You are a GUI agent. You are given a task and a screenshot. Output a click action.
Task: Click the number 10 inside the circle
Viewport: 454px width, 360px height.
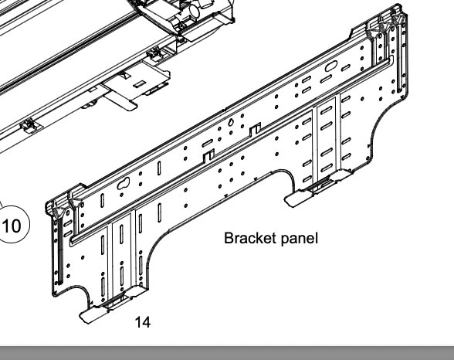(12, 228)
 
